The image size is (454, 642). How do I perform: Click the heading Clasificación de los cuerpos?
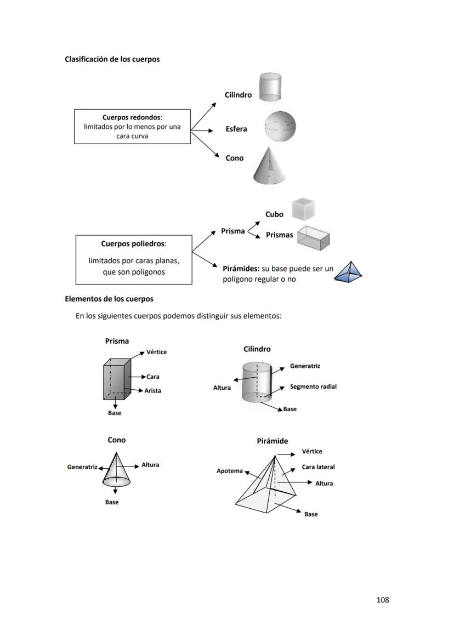[112, 59]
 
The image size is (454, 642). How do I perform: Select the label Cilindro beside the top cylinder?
[238, 95]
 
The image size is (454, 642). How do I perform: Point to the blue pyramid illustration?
[349, 272]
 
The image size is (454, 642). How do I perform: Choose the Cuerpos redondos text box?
[132, 127]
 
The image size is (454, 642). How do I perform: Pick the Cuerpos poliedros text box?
[134, 260]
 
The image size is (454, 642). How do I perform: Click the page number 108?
[383, 600]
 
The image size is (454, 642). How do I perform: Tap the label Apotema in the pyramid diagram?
[229, 471]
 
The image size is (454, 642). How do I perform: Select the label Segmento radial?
[313, 387]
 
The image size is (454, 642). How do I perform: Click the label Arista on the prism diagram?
[153, 391]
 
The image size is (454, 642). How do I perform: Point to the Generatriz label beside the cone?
[82, 467]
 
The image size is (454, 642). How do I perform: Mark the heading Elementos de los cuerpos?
[109, 299]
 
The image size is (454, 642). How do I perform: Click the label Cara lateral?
[318, 467]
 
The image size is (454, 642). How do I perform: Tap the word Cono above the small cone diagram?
[116, 440]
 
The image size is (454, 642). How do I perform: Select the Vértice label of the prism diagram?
[156, 352]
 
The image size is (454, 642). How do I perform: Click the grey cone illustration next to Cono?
[269, 165]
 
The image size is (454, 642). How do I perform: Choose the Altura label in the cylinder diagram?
[222, 388]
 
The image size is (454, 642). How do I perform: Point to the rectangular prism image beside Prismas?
[313, 236]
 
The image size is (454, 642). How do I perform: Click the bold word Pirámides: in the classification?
[241, 269]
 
